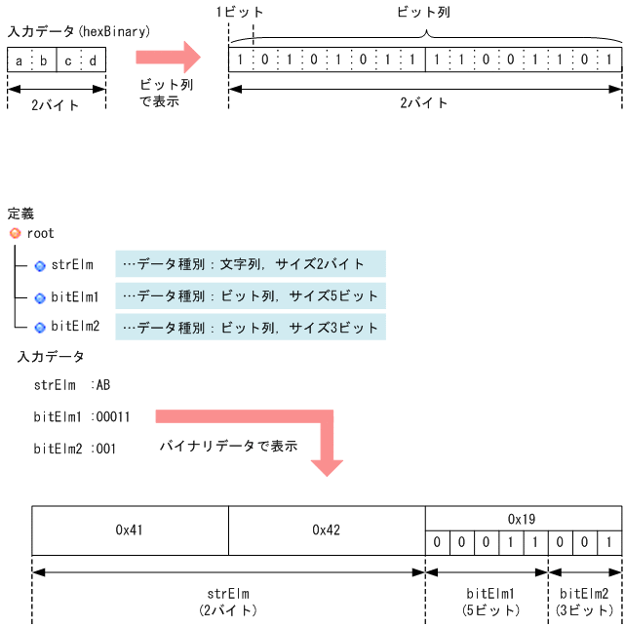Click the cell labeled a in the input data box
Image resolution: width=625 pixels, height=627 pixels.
(19, 61)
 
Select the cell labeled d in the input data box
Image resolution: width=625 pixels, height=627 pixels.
(93, 61)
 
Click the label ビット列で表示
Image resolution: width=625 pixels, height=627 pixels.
(166, 93)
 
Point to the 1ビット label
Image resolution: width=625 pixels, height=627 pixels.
(240, 13)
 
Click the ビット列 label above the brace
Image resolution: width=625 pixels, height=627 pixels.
(424, 13)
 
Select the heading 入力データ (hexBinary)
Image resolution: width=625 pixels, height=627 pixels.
(79, 32)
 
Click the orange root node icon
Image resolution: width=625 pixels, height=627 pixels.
(15, 234)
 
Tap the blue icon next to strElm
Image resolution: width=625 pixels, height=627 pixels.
(41, 265)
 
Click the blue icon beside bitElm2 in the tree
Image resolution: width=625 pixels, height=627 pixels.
(41, 327)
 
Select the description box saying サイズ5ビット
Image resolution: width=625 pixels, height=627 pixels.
(251, 295)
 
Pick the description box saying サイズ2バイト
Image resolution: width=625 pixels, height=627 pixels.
(251, 264)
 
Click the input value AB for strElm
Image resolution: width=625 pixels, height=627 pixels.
(103, 385)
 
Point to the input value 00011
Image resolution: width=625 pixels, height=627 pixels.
(113, 417)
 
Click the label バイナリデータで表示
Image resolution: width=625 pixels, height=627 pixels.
(228, 447)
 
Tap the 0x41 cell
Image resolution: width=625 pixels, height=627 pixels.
(130, 530)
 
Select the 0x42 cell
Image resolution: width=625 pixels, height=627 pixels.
(327, 530)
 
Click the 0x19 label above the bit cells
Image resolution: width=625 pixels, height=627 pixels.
(522, 519)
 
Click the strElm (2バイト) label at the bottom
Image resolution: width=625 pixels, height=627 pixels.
(227, 601)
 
